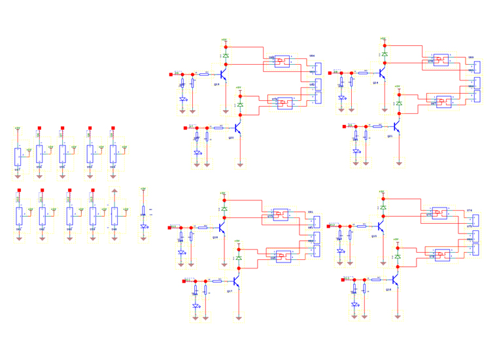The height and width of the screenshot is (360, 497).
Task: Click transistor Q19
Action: (223, 75)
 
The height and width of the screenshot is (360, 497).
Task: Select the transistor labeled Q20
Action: (237, 128)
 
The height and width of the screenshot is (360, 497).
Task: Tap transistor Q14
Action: (382, 73)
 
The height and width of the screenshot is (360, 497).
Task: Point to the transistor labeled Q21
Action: (396, 126)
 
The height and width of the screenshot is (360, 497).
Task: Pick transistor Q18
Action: (222, 228)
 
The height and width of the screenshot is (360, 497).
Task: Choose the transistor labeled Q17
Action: (236, 281)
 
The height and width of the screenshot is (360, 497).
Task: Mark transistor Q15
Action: (381, 226)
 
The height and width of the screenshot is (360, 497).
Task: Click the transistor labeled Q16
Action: (395, 280)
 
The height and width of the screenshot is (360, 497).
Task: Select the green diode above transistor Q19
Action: (226, 56)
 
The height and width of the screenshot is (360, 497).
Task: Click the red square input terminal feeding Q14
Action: (330, 73)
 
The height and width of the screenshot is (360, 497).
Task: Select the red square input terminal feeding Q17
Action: (184, 281)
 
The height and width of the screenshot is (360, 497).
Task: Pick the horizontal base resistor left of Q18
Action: (203, 227)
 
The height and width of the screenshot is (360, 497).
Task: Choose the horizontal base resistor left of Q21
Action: (377, 126)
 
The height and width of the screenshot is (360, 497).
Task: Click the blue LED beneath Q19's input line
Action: (183, 99)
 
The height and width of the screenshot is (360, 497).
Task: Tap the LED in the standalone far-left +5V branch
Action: (143, 226)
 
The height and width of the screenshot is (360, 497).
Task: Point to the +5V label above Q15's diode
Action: (383, 192)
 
